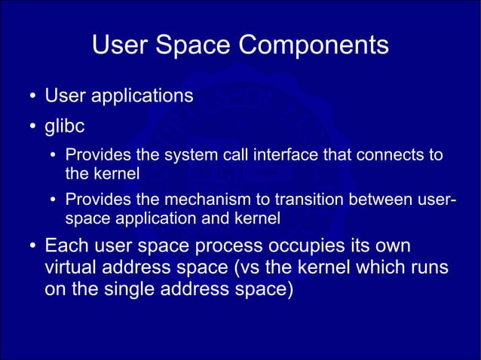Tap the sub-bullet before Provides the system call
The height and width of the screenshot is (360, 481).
click(x=53, y=157)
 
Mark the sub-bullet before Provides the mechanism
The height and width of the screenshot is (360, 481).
click(x=53, y=200)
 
